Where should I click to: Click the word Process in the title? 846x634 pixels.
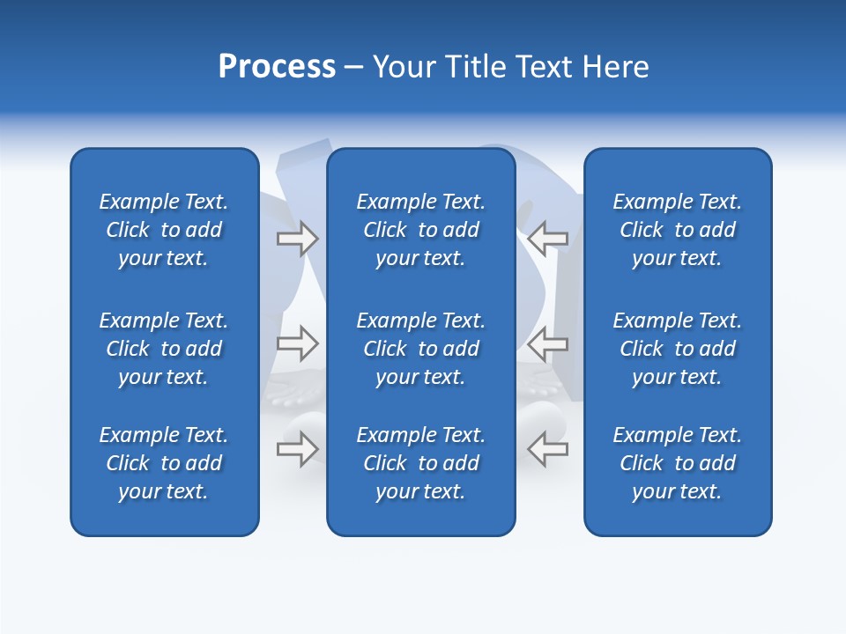pyautogui.click(x=277, y=67)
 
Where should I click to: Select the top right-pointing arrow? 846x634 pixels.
pyautogui.click(x=298, y=239)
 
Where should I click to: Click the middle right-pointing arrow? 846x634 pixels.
pyautogui.click(x=298, y=343)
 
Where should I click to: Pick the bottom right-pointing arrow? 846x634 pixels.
pyautogui.click(x=298, y=448)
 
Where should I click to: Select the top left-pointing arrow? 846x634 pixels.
pyautogui.click(x=547, y=239)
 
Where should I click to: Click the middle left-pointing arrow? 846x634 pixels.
pyautogui.click(x=547, y=343)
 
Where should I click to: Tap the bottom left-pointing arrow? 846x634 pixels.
pyautogui.click(x=547, y=448)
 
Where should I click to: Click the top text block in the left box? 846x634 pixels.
pyautogui.click(x=164, y=230)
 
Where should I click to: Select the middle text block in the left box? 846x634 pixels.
pyautogui.click(x=164, y=349)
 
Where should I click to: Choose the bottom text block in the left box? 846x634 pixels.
pyautogui.click(x=164, y=463)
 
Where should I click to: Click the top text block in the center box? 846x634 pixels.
pyautogui.click(x=420, y=230)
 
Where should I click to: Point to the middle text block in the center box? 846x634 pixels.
pyautogui.click(x=420, y=349)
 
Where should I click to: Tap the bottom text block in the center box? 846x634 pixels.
pyautogui.click(x=420, y=463)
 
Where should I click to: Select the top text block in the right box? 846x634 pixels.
pyautogui.click(x=677, y=230)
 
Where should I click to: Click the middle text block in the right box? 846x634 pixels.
pyautogui.click(x=677, y=349)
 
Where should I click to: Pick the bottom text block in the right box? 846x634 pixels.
pyautogui.click(x=677, y=463)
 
